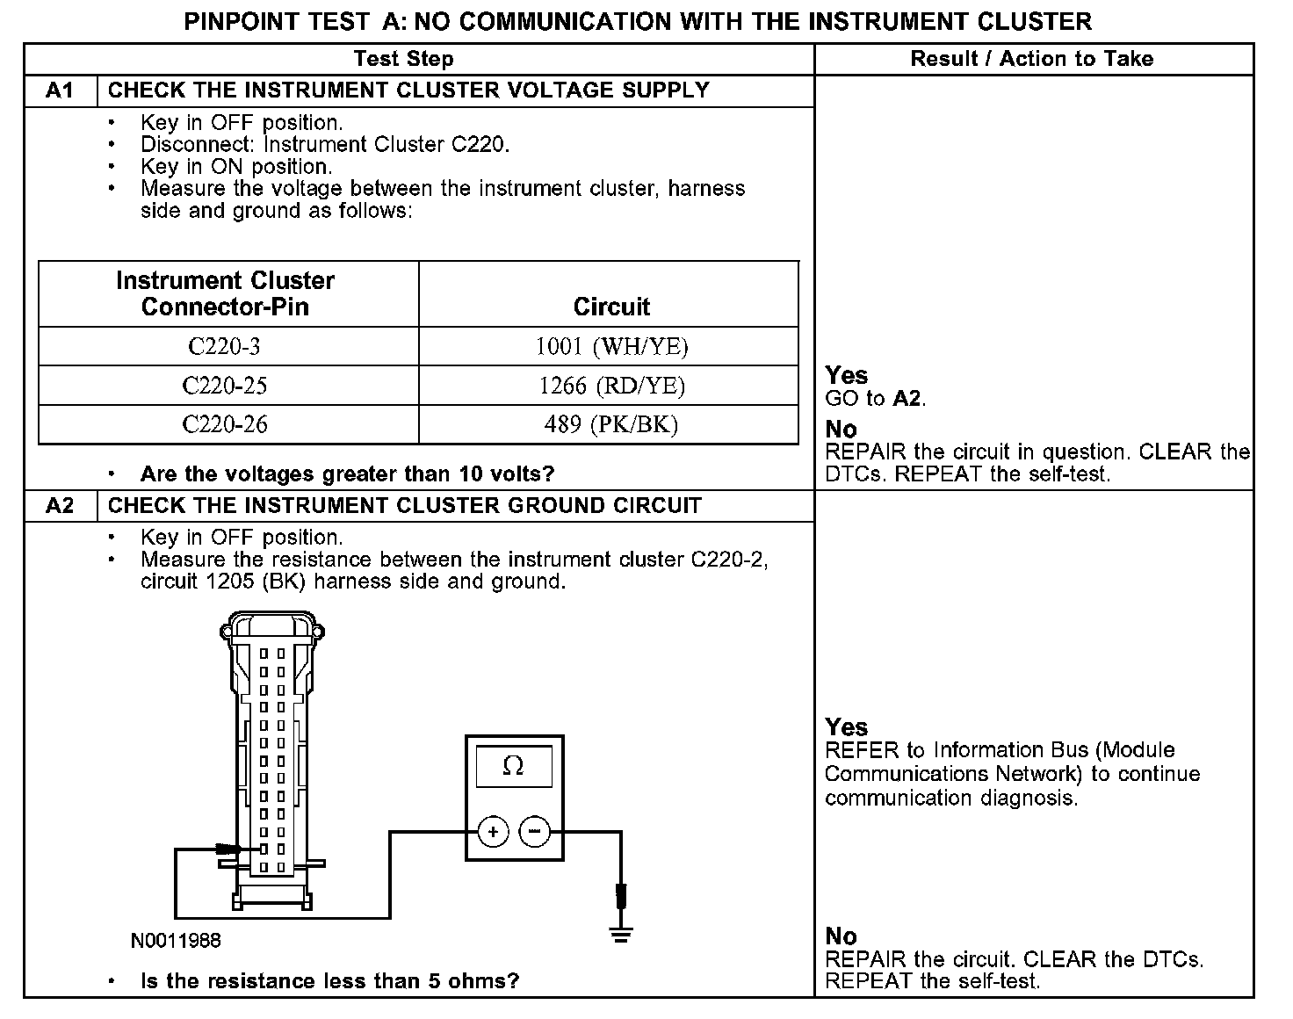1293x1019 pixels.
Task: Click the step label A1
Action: coord(60,90)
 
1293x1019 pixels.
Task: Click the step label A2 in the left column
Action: coord(60,506)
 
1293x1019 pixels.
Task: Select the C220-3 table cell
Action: coord(225,347)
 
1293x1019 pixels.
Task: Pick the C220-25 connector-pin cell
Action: coord(225,386)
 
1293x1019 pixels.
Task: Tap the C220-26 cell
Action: coord(225,424)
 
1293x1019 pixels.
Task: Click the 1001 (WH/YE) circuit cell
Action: coord(611,347)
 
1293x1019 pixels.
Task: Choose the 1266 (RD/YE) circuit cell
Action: coord(611,386)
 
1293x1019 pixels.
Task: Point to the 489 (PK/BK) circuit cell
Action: coord(611,424)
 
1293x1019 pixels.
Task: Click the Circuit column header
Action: coord(611,307)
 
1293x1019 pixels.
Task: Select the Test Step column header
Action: coord(403,59)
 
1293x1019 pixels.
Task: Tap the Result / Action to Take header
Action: coord(1032,59)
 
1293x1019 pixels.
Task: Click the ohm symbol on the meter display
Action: coord(513,767)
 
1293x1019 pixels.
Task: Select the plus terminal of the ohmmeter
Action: coord(494,832)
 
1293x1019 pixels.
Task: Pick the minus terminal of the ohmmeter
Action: coord(535,832)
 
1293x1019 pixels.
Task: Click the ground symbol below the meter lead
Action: coord(621,933)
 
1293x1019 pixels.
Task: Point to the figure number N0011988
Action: coord(176,941)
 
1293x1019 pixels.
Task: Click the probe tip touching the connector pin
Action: coord(237,849)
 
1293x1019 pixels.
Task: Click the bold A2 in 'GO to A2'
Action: coord(907,399)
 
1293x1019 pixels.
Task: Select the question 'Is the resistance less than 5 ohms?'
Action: coord(329,981)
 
